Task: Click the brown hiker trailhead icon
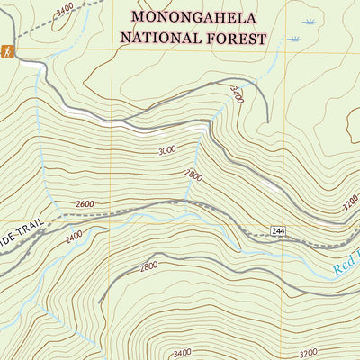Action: (x=8, y=53)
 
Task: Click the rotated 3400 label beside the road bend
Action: (x=237, y=94)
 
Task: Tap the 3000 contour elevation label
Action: (x=166, y=151)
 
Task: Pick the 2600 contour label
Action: (x=85, y=204)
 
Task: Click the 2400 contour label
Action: (x=74, y=237)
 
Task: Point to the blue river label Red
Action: (x=346, y=265)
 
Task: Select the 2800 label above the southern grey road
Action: (x=149, y=266)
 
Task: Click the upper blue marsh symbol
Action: (x=310, y=22)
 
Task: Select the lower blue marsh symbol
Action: (x=293, y=40)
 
